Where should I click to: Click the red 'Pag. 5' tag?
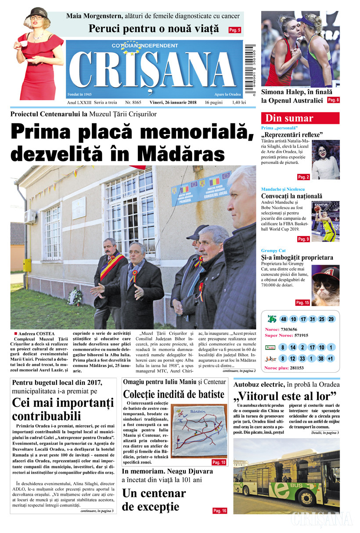235,30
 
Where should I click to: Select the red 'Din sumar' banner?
300,118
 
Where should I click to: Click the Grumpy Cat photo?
325,285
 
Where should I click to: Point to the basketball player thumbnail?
325,221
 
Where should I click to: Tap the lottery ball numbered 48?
283,319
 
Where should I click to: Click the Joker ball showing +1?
331,358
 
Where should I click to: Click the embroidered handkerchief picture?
198,431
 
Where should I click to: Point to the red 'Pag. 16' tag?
220,511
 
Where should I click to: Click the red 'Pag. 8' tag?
333,100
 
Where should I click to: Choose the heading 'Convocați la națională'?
292,196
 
